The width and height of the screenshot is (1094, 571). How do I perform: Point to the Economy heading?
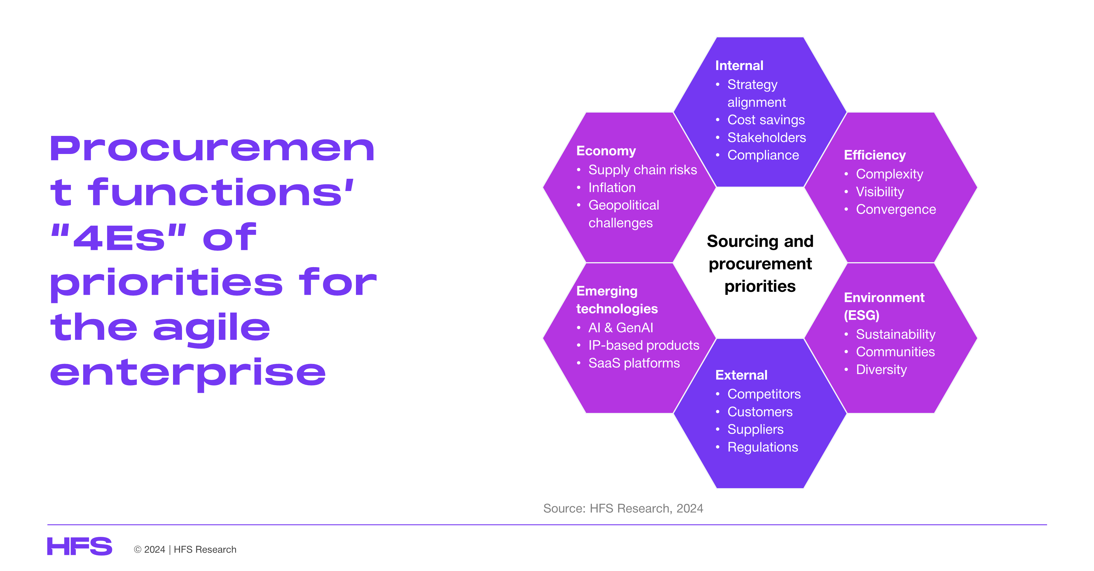[606, 151]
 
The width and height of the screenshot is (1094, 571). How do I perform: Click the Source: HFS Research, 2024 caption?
[623, 508]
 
